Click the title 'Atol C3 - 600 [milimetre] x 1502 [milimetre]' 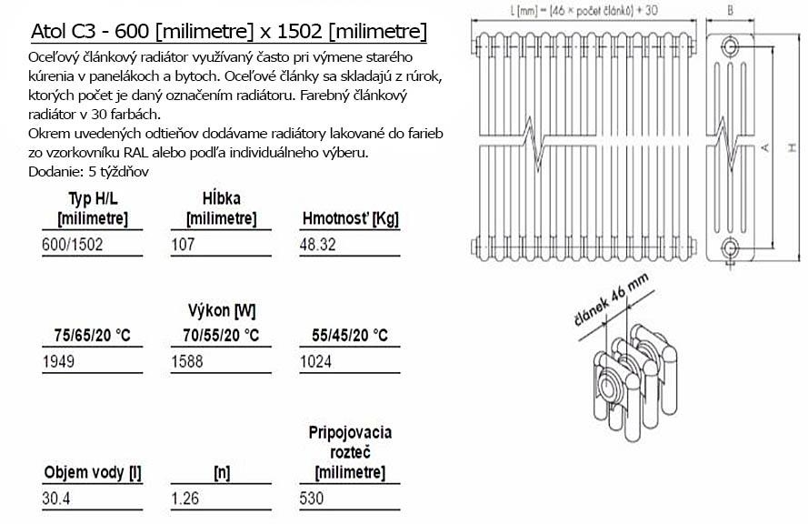pos(229,32)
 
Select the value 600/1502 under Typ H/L pos(72,244)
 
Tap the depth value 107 pos(183,244)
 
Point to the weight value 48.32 pos(317,244)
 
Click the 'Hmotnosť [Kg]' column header pos(351,218)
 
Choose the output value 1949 pos(58,361)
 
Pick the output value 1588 pos(187,361)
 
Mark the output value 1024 pos(315,361)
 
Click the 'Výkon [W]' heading pos(222,310)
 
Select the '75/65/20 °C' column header pos(92,336)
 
